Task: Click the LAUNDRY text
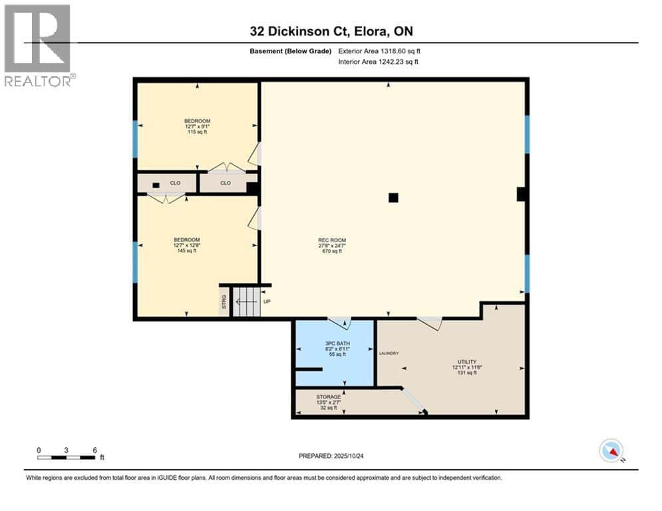pyautogui.click(x=389, y=353)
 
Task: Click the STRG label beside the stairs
pyautogui.click(x=224, y=301)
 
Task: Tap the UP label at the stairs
pyautogui.click(x=267, y=301)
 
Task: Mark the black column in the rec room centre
pyautogui.click(x=393, y=197)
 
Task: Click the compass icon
pyautogui.click(x=610, y=450)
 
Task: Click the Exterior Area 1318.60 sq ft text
pyautogui.click(x=379, y=51)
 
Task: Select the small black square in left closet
pyautogui.click(x=155, y=185)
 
